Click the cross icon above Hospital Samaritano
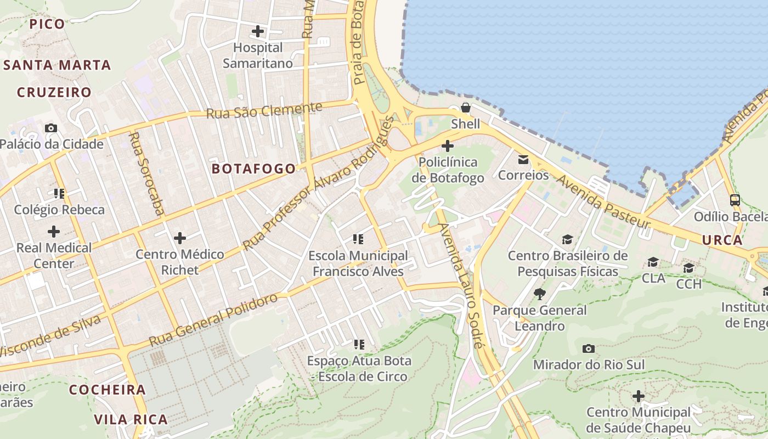click(x=258, y=31)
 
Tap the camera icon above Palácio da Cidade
click(x=51, y=128)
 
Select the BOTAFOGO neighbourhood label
click(x=254, y=168)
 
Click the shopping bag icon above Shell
click(x=465, y=108)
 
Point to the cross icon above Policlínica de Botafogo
click(x=448, y=146)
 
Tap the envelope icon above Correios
click(x=523, y=159)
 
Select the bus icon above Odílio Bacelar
click(x=735, y=200)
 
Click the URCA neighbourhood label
click(x=722, y=240)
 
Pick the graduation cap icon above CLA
click(x=653, y=262)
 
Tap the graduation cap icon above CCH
click(x=688, y=268)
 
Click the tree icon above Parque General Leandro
click(x=540, y=294)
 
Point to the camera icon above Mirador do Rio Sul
click(x=589, y=348)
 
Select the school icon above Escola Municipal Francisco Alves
click(x=358, y=239)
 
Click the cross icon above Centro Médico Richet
click(x=180, y=238)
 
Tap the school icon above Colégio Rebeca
click(x=59, y=193)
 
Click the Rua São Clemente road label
click(x=264, y=110)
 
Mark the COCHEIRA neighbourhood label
click(x=108, y=390)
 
